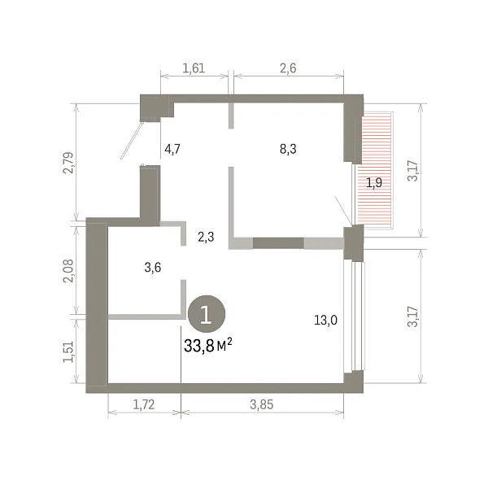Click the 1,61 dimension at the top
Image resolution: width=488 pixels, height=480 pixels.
(194, 68)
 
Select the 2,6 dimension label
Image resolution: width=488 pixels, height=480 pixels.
(288, 68)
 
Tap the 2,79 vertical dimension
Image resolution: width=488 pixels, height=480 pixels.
(68, 163)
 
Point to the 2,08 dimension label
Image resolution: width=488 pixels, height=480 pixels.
(68, 270)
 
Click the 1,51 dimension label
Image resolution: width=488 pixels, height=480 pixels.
(68, 351)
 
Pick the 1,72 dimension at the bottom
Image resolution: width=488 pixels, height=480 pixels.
(143, 404)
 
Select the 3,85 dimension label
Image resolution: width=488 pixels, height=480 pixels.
(261, 404)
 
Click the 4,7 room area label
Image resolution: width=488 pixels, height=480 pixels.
(172, 149)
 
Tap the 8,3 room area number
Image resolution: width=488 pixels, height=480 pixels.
(288, 149)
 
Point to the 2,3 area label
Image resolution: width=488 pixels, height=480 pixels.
(206, 238)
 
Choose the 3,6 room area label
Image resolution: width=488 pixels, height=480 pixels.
(153, 268)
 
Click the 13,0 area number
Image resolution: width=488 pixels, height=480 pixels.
(325, 320)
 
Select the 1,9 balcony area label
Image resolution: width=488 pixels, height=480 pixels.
(374, 183)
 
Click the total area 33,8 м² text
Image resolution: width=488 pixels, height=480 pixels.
(208, 345)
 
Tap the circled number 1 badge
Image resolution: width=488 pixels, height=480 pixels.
(207, 314)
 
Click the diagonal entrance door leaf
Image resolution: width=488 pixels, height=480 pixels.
(133, 141)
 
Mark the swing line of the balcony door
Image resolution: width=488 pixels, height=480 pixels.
(343, 211)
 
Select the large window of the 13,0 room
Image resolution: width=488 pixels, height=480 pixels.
(354, 316)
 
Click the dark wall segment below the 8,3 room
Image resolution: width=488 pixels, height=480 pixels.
(278, 243)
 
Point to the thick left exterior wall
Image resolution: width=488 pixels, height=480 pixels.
(97, 305)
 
